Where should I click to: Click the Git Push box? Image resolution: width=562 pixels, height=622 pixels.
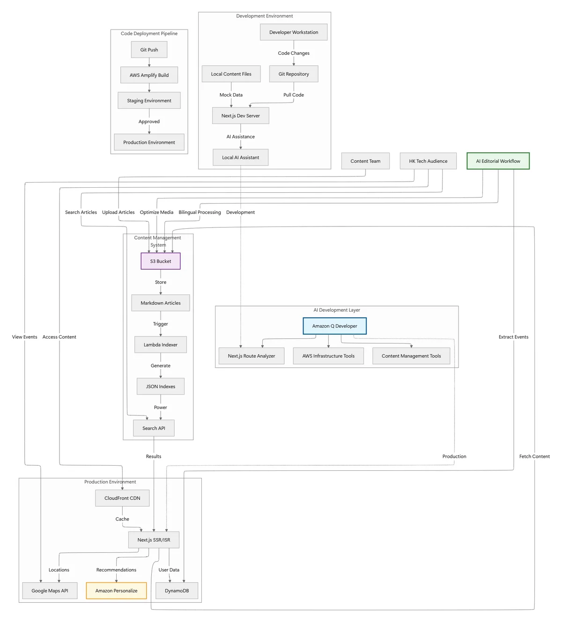pos(149,50)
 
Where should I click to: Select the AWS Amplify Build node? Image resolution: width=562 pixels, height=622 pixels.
pos(149,75)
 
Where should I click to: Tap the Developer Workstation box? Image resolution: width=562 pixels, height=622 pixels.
pos(294,32)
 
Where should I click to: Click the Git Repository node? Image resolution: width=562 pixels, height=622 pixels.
pos(294,74)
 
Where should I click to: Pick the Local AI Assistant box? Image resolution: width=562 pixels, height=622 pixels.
pos(240,157)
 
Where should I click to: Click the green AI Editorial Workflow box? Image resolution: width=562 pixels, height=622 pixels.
pos(498,161)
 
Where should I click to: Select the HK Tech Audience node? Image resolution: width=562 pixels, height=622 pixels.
pos(428,161)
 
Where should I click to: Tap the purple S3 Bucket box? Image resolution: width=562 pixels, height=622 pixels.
pos(161,261)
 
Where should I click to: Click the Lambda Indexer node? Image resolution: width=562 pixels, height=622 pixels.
pos(161,345)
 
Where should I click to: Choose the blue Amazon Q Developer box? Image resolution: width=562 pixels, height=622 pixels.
pos(334,326)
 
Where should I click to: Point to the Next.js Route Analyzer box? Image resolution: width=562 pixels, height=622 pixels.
pos(251,356)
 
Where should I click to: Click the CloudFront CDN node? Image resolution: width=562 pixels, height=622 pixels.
pos(122,498)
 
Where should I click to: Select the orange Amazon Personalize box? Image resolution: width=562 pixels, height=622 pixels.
pos(116,591)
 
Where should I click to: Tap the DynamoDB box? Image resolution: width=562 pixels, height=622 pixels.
pos(177,591)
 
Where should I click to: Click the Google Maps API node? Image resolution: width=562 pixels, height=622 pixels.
pos(50,591)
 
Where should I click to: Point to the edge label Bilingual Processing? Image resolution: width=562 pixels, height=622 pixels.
pos(200,212)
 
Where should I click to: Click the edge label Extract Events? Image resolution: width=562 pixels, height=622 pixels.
pos(513,337)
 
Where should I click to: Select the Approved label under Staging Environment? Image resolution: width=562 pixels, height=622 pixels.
pos(149,122)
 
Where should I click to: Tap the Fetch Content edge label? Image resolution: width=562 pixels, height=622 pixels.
pos(534,456)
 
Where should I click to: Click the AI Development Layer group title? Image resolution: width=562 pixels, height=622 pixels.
pos(337,310)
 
